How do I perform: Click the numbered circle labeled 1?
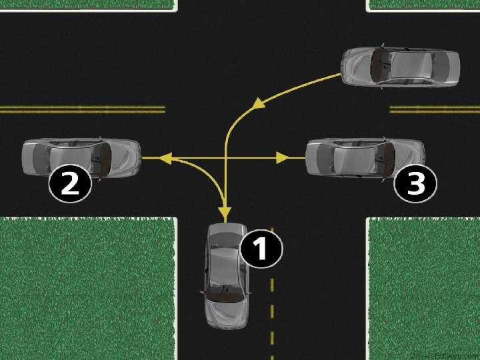point(261,250)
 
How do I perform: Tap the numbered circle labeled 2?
point(70,183)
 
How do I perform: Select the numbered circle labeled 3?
point(415,183)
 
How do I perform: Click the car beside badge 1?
point(227,277)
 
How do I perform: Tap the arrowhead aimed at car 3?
point(282,159)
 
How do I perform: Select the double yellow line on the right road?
point(434,109)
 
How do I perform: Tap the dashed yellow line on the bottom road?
point(271,313)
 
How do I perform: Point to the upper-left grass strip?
point(87,5)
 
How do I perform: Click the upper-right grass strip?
point(424,5)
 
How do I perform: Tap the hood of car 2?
point(123,157)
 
